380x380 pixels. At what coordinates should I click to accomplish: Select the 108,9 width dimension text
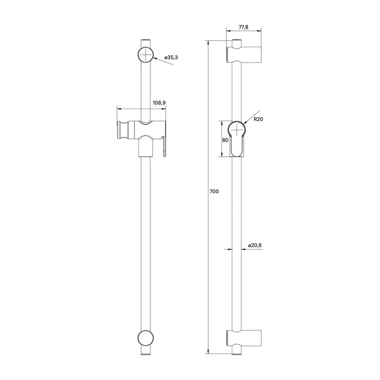click(159, 102)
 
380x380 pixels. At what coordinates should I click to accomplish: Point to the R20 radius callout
click(258, 120)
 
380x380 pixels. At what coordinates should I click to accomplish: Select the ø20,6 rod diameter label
click(255, 245)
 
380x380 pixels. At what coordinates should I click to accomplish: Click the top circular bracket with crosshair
click(145, 55)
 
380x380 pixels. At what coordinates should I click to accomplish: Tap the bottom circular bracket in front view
click(145, 337)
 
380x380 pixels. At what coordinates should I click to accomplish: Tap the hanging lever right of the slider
click(165, 147)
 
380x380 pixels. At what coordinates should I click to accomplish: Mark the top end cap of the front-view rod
click(145, 42)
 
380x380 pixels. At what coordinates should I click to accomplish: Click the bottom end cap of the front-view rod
click(145, 350)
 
